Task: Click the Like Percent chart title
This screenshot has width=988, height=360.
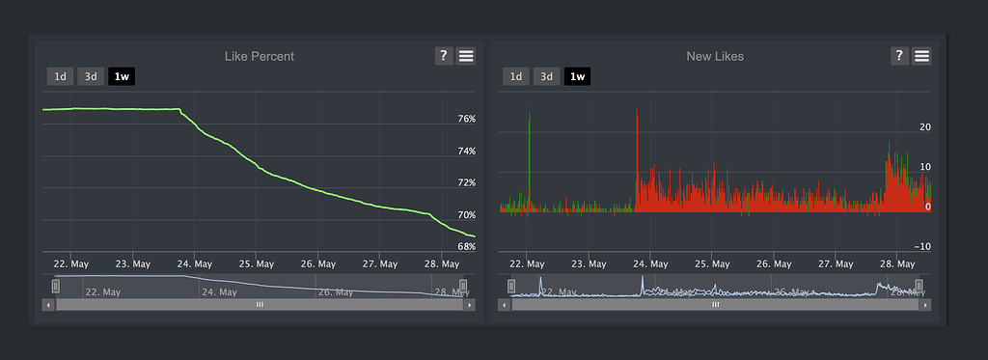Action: [259, 56]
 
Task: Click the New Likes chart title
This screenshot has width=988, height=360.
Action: [714, 56]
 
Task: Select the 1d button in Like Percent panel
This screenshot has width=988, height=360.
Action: [60, 76]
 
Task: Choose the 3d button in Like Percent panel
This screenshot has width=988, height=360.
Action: [91, 76]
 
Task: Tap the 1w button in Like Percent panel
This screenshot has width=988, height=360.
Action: [122, 76]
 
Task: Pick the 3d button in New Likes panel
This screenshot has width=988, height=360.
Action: [546, 76]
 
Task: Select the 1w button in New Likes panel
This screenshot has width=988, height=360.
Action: [577, 76]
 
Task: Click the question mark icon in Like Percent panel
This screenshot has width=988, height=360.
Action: [444, 56]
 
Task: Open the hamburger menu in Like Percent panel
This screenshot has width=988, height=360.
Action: [466, 56]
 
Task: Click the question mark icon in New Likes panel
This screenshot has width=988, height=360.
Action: [899, 56]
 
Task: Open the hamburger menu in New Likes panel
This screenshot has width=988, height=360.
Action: [921, 56]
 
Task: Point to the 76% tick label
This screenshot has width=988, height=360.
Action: [466, 120]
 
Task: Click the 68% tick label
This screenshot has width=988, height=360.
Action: [466, 247]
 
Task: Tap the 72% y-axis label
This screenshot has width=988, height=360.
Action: [466, 183]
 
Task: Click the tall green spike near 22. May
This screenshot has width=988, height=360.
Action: [530, 154]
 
